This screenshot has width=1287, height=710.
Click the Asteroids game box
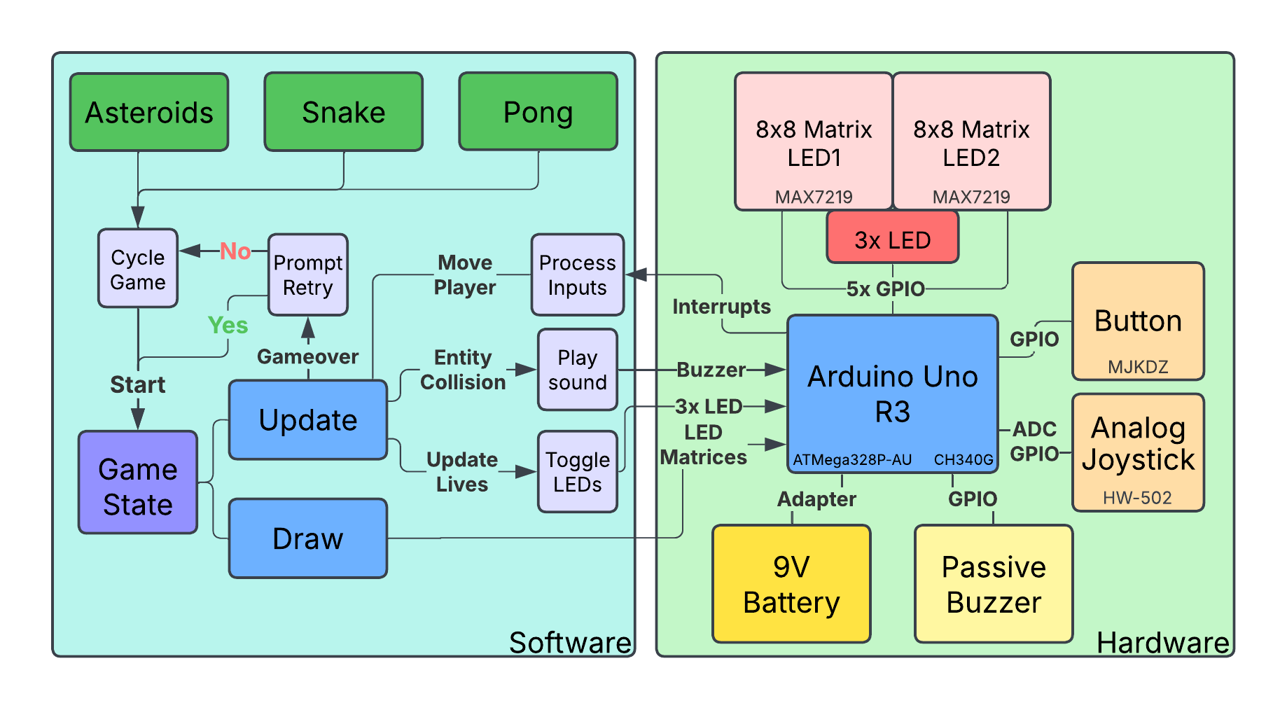(x=149, y=112)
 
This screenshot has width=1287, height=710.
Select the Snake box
(x=343, y=112)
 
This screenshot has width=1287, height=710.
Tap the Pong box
(x=538, y=112)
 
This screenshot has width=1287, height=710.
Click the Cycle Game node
(x=138, y=269)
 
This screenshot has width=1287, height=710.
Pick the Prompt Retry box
(x=308, y=274)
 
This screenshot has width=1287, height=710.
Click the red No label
(x=235, y=251)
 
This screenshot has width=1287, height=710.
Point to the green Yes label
(x=228, y=325)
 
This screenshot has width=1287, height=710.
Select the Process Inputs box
(x=577, y=274)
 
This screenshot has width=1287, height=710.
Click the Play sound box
(x=577, y=370)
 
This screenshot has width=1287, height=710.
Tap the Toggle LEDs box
(x=577, y=471)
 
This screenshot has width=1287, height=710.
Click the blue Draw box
(x=308, y=538)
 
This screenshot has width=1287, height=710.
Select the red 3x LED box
(x=892, y=239)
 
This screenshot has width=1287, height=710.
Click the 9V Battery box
(x=791, y=584)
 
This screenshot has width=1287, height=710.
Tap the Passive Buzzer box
(x=993, y=584)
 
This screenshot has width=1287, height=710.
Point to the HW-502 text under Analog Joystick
(x=1137, y=498)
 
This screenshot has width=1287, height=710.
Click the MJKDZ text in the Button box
(x=1138, y=366)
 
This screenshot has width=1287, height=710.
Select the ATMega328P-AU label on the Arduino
(x=852, y=460)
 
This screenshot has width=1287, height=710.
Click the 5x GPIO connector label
(x=885, y=288)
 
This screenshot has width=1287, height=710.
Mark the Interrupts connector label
(x=721, y=307)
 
